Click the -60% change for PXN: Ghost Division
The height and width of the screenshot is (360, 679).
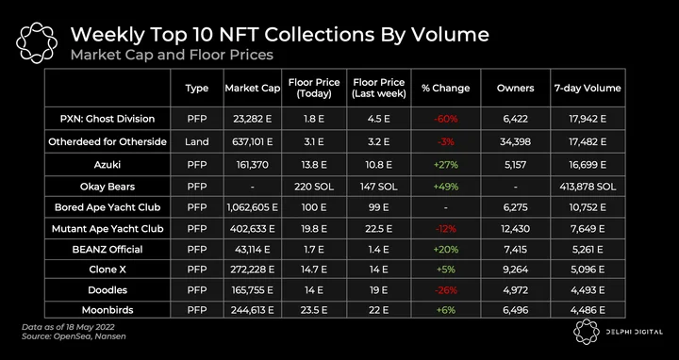click(445, 119)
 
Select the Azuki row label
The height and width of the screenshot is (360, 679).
click(108, 164)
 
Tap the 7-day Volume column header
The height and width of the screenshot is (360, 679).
click(588, 89)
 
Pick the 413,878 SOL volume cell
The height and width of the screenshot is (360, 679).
click(588, 187)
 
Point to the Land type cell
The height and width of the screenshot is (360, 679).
click(196, 141)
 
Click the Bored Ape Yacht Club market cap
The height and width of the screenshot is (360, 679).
click(252, 207)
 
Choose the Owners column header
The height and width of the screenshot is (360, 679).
click(515, 89)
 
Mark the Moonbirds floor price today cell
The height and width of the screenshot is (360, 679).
click(314, 310)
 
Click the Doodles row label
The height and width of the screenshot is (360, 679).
click(108, 290)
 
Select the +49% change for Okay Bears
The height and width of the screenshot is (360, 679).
click(445, 187)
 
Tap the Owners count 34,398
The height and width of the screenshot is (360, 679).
click(515, 141)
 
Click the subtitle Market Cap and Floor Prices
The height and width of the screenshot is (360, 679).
click(172, 55)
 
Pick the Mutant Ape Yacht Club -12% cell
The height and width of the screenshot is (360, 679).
click(445, 228)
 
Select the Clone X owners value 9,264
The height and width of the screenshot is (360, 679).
click(515, 270)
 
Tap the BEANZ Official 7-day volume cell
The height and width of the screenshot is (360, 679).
click(588, 249)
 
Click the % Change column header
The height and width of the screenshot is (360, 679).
click(445, 89)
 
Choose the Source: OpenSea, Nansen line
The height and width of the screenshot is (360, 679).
click(74, 336)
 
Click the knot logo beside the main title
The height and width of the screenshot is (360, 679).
click(37, 42)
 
